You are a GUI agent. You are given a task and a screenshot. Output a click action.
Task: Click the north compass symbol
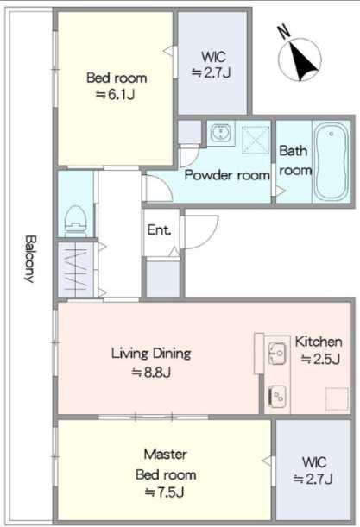(x=300, y=60)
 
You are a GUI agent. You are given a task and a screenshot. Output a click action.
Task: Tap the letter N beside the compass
(x=284, y=31)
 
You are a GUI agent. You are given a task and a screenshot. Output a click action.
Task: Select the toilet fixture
(x=76, y=221)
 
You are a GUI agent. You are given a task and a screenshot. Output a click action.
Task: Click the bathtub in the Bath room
(x=331, y=161)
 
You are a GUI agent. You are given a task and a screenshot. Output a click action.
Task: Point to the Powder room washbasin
(x=221, y=133)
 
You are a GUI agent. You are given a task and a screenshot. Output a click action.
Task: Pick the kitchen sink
(x=278, y=354)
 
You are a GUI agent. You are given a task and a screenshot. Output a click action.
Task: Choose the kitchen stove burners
(x=278, y=397)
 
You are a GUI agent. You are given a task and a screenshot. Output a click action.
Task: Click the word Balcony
(x=29, y=259)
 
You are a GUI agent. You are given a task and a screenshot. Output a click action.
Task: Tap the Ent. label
(x=159, y=230)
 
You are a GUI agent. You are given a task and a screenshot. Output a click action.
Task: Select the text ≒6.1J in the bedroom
(x=116, y=94)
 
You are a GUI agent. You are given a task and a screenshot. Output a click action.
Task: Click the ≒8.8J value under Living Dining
(x=151, y=372)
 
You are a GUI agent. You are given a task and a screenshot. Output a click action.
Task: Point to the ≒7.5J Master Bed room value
(x=165, y=492)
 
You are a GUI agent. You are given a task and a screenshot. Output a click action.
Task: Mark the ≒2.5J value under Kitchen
(x=319, y=359)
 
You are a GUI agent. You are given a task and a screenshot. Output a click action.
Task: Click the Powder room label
(x=227, y=175)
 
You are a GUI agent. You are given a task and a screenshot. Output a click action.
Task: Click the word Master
(x=165, y=455)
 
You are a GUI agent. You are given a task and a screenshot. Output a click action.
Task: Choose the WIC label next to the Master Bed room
(x=314, y=462)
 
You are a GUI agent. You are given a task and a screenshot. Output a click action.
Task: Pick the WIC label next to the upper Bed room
(x=213, y=57)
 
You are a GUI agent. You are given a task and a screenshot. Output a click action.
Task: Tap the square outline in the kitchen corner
(x=337, y=399)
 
